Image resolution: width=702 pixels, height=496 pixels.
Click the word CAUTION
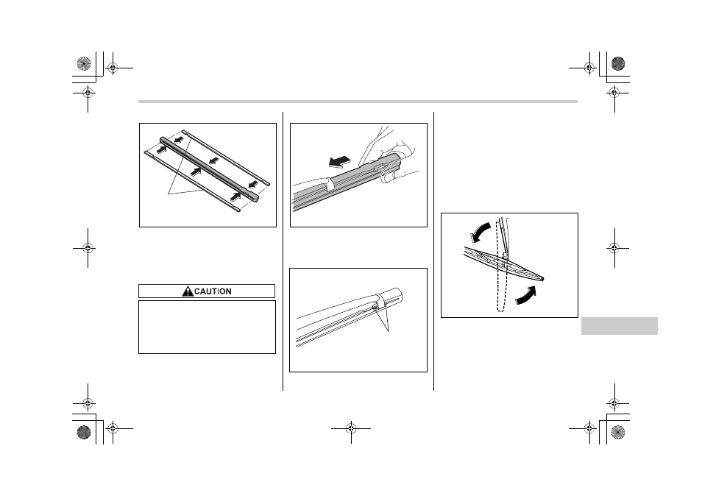(213, 291)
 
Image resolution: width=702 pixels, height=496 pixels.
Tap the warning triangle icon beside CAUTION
(188, 291)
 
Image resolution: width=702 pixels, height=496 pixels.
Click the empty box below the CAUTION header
(207, 327)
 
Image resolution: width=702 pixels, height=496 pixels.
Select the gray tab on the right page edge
(619, 325)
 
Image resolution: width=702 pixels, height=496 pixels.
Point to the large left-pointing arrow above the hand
(340, 161)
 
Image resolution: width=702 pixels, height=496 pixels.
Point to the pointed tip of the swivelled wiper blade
(544, 279)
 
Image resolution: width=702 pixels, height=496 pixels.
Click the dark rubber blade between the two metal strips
(209, 170)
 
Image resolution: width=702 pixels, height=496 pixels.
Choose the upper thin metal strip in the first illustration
(226, 157)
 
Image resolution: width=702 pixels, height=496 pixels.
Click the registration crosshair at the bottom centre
(351, 428)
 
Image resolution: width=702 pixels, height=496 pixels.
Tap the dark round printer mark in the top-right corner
(618, 63)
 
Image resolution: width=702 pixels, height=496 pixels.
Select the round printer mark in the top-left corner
(84, 63)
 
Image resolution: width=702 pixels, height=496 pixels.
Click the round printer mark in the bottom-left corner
(84, 432)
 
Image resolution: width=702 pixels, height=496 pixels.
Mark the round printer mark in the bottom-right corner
(618, 432)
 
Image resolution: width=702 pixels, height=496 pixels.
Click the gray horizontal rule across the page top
(358, 102)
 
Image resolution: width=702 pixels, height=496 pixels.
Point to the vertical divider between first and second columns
(283, 251)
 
